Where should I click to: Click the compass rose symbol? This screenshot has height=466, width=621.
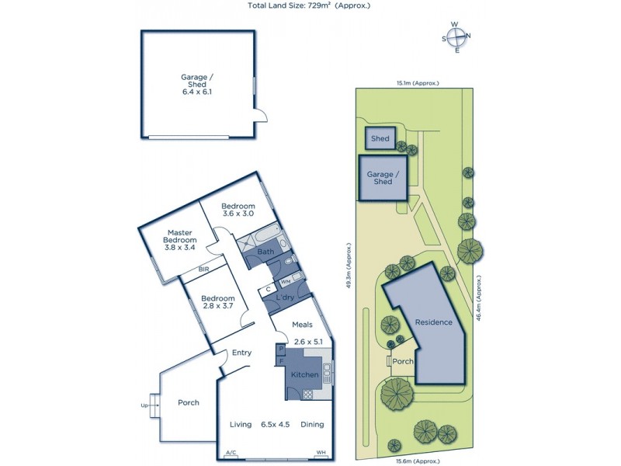[457, 37]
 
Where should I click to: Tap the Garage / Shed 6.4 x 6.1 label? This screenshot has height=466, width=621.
[196, 85]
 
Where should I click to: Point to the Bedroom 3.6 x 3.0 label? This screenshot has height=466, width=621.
[238, 210]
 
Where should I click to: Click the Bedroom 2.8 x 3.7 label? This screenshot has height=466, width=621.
[218, 303]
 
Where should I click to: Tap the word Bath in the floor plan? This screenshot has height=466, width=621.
[265, 252]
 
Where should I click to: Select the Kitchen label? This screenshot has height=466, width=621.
[304, 375]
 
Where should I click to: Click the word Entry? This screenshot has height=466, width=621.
[241, 353]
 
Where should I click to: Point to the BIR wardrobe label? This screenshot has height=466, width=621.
[204, 270]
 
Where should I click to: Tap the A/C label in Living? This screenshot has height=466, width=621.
[231, 453]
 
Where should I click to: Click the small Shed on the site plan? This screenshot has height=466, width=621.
[380, 139]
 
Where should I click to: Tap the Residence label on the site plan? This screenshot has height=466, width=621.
[433, 322]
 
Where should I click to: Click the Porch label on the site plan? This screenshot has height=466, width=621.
[403, 361]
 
